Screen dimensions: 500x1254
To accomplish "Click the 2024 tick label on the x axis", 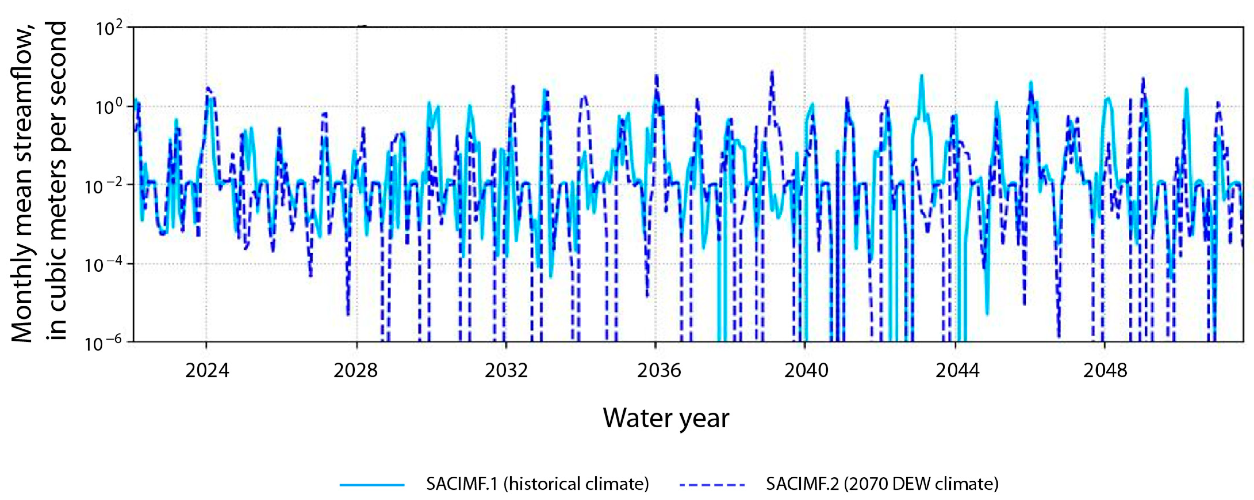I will [x=207, y=371].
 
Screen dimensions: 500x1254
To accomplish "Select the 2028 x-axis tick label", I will [x=356, y=371].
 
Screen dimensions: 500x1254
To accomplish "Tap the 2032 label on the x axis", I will [x=506, y=371].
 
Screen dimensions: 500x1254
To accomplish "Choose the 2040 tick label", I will [x=806, y=371].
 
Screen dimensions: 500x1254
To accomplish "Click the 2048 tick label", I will [x=1105, y=371].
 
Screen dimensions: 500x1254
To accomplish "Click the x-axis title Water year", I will [x=666, y=418].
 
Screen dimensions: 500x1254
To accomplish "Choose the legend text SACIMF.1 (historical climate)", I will [x=537, y=484].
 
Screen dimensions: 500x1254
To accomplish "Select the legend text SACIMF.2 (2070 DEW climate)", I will [x=882, y=484].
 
